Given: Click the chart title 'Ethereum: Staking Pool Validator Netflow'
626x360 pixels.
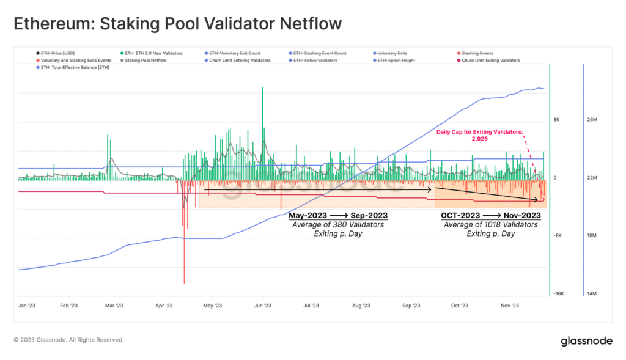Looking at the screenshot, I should click(x=177, y=24).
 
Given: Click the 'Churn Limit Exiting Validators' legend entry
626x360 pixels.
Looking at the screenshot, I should click(x=490, y=61).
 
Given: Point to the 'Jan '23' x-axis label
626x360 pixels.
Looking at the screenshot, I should click(x=26, y=305).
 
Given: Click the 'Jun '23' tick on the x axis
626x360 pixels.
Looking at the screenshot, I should click(x=262, y=305).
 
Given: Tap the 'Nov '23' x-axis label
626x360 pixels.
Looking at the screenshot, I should click(x=510, y=305).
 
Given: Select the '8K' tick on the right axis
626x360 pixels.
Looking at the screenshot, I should click(x=556, y=120).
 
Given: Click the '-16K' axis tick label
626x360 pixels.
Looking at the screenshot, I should click(x=558, y=294).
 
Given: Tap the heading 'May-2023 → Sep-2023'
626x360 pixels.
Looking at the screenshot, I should click(x=338, y=216).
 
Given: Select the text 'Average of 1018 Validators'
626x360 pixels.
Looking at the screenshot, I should click(x=491, y=225).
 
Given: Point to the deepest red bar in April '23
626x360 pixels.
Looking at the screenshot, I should click(x=184, y=257).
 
